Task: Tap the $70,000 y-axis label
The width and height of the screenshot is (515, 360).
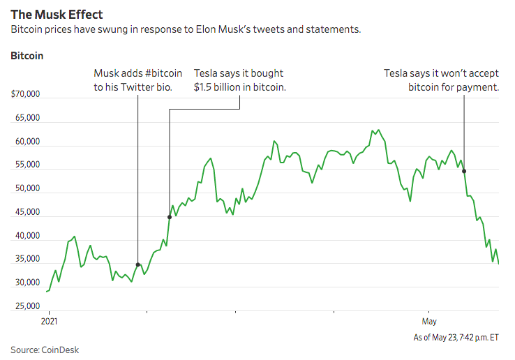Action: pyautogui.click(x=25, y=94)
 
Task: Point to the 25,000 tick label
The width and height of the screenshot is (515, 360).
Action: pyautogui.click(x=27, y=306)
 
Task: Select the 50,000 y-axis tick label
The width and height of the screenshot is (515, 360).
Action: pyautogui.click(x=27, y=188)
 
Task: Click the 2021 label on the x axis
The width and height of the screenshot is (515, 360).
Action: pyautogui.click(x=49, y=321)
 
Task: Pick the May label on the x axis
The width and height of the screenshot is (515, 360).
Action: pyautogui.click(x=429, y=321)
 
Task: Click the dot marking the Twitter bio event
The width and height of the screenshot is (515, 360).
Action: pyautogui.click(x=138, y=265)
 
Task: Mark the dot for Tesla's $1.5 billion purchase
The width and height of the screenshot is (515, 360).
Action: pyautogui.click(x=170, y=217)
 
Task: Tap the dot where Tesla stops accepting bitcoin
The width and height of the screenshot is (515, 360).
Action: pyautogui.click(x=464, y=171)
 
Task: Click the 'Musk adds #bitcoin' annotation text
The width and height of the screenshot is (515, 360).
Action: pyautogui.click(x=137, y=73)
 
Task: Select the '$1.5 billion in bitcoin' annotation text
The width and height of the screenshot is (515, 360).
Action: pyautogui.click(x=239, y=87)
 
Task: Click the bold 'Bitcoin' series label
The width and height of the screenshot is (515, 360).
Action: pyautogui.click(x=27, y=55)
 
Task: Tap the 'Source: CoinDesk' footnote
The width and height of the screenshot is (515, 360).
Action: pyautogui.click(x=45, y=349)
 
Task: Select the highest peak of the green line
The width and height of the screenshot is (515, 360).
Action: pyautogui.click(x=378, y=130)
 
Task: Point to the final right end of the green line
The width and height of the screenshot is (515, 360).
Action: pyautogui.click(x=498, y=263)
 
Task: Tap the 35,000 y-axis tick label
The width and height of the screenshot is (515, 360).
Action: pyautogui.click(x=27, y=259)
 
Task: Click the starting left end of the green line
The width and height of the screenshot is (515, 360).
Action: pyautogui.click(x=46, y=292)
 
